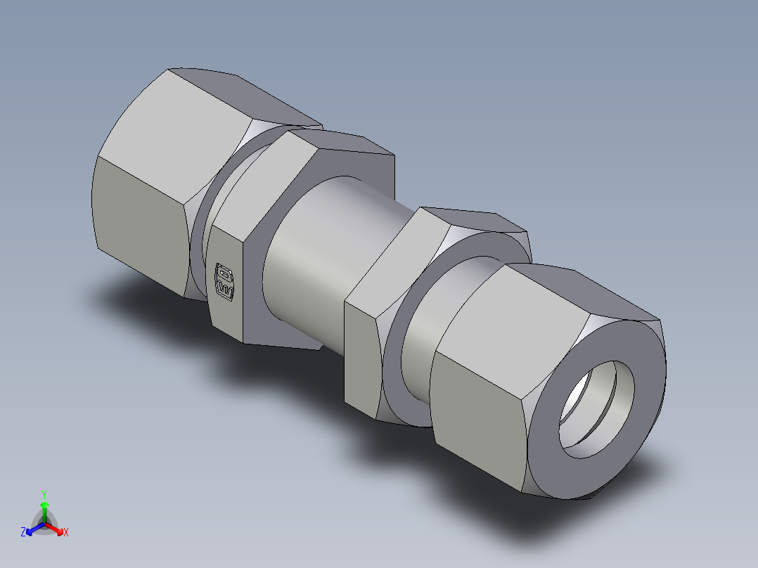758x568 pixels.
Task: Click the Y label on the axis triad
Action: pos(44,493)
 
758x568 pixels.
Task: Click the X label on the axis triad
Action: pos(65,533)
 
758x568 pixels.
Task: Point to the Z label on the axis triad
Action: pos(23,532)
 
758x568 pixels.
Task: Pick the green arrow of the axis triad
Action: pos(44,508)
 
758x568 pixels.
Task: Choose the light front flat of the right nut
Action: pos(478,415)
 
